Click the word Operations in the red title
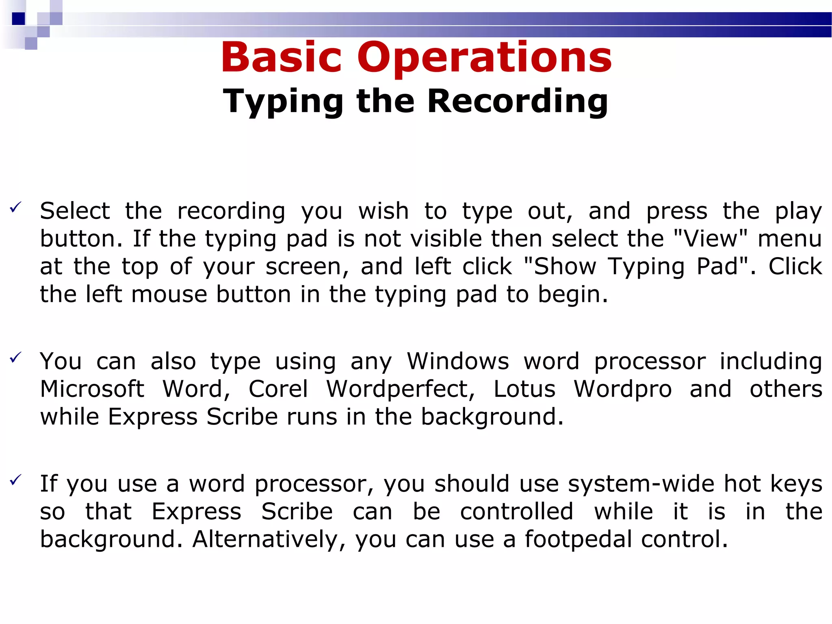484,58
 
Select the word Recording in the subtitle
518,102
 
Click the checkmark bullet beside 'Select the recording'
15,208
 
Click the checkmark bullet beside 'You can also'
15,357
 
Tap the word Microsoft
92,389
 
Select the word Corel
278,389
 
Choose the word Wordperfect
401,389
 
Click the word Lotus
524,389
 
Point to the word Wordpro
623,389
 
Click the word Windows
458,361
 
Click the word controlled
517,511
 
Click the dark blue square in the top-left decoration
19,19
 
